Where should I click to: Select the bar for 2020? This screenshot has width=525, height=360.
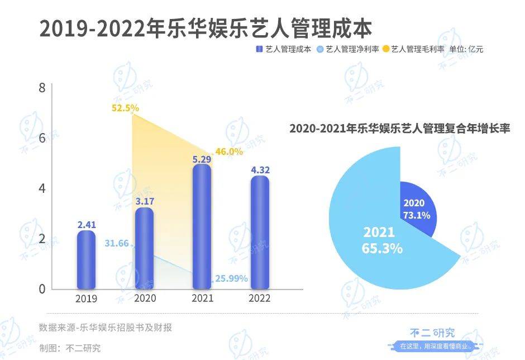click(x=145, y=249)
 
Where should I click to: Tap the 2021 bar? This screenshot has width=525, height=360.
click(x=202, y=226)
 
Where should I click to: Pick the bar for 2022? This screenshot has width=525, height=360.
click(x=260, y=233)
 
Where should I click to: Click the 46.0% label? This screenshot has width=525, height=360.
click(x=229, y=151)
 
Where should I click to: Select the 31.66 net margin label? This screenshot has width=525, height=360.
click(x=117, y=243)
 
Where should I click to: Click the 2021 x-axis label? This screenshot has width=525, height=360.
click(x=202, y=299)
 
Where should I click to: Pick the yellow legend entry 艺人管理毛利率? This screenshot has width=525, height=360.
click(x=414, y=49)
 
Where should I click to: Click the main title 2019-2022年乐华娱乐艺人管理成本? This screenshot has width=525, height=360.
click(x=206, y=28)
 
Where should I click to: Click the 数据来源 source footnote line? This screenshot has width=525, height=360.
click(x=106, y=328)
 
